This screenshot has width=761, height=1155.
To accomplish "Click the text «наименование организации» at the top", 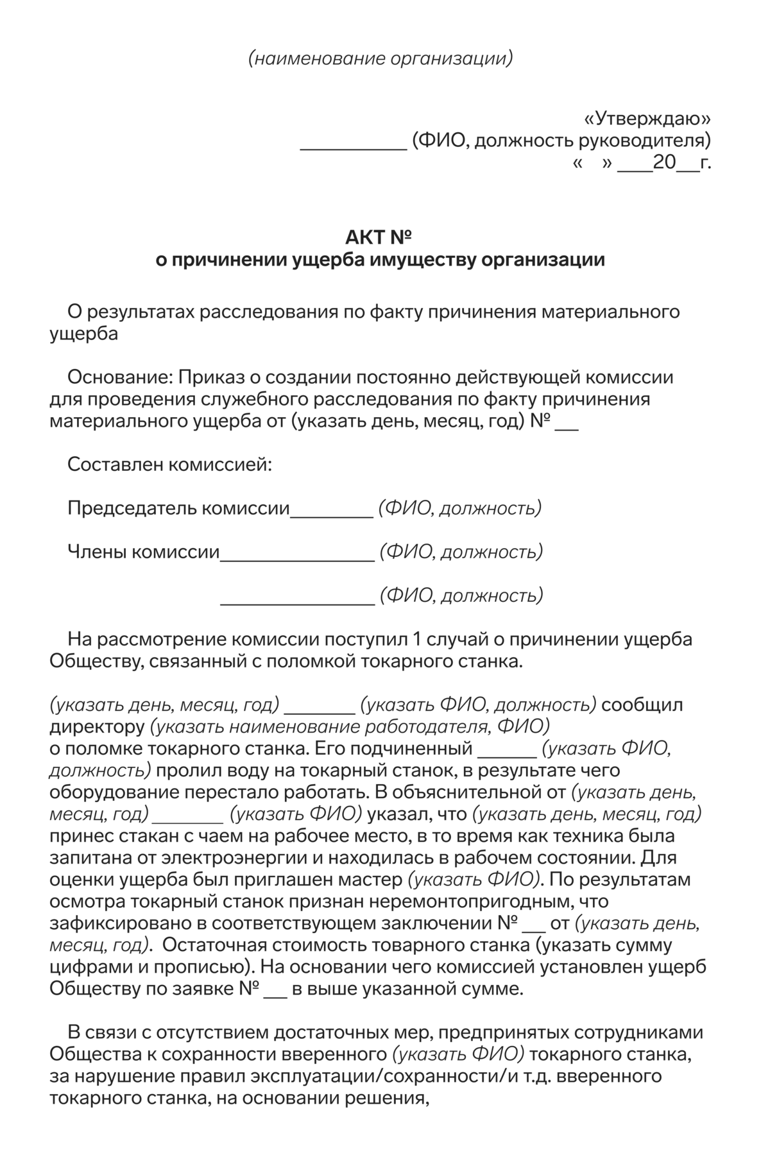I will point(380,59).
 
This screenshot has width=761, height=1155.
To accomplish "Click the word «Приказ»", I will point(210,377).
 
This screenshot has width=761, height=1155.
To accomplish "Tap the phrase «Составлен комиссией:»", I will point(169,464).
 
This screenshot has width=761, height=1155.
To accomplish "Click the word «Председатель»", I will point(132,508).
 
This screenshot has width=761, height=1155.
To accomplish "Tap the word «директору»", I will point(97,727).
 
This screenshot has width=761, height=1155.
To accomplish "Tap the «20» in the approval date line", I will point(664,162).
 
